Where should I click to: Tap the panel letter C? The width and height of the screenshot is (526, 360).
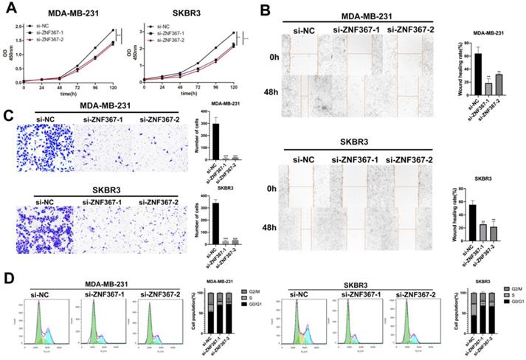(x=7, y=116)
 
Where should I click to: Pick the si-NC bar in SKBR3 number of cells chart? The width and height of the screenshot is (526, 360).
(x=216, y=223)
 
